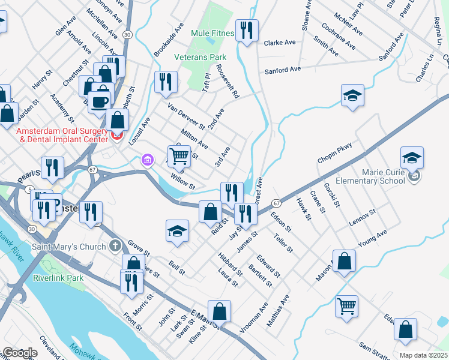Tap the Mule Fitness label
click(x=212, y=33)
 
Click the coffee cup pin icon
click(x=100, y=101)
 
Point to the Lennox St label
click(x=362, y=218)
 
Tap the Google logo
click(x=19, y=353)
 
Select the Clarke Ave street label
click(x=280, y=43)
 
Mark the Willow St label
click(x=183, y=182)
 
